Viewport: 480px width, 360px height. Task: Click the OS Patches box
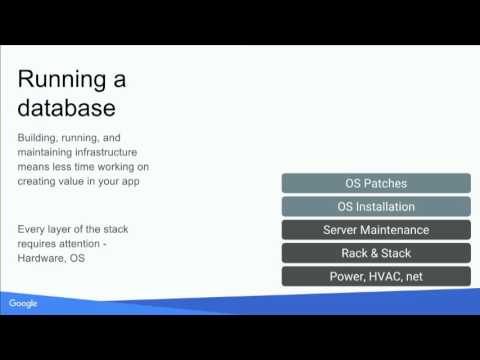(x=376, y=183)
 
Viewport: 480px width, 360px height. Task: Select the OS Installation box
(x=376, y=206)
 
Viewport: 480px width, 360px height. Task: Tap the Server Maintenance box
(x=376, y=230)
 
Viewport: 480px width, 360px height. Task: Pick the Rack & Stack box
(x=376, y=253)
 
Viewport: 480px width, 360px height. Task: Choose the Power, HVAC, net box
(x=376, y=276)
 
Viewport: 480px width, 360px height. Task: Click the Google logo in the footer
(x=23, y=303)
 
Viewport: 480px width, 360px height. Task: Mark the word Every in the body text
(x=31, y=230)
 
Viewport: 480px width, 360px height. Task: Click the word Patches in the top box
(x=389, y=183)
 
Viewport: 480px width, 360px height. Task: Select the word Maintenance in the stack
(x=394, y=230)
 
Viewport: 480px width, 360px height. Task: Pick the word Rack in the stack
(x=355, y=253)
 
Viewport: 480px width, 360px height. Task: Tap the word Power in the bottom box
(x=346, y=276)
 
